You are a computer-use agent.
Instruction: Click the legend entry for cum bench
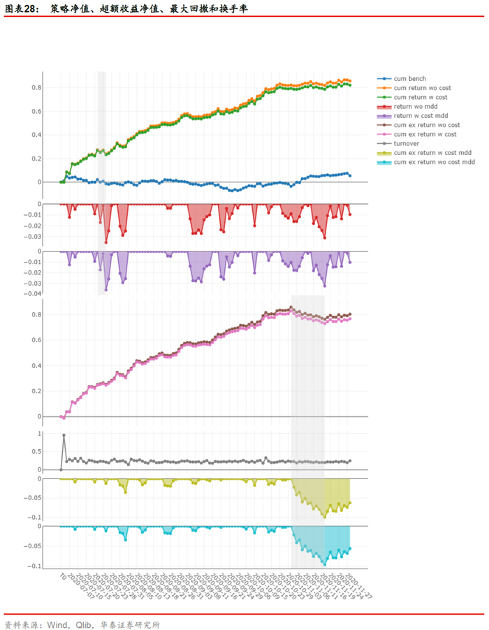409,79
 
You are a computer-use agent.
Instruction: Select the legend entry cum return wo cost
421,88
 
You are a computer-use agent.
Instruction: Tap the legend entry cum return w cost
420,97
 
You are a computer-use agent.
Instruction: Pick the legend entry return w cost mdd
420,115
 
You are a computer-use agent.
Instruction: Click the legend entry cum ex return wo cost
425,125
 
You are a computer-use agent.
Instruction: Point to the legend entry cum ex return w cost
424,134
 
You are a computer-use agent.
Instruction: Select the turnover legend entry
407,143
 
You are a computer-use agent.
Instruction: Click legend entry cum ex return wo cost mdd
434,161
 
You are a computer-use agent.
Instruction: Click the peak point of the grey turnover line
64,435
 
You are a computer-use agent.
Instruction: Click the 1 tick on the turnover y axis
40,434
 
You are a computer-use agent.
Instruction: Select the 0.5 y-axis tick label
36,452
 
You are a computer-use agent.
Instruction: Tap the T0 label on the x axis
62,578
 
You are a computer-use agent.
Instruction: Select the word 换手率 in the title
234,9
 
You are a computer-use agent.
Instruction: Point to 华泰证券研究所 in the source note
131,624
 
